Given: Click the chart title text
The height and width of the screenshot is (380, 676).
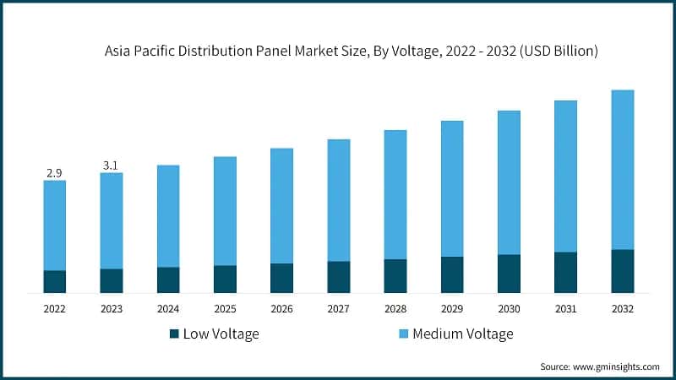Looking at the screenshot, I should pos(352,52).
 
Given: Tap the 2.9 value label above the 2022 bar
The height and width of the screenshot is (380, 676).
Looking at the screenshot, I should pos(54,172).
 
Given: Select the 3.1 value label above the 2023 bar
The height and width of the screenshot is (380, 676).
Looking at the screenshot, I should pos(111,166).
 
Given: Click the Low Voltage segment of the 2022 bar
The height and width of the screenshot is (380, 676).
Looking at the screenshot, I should pos(54,281).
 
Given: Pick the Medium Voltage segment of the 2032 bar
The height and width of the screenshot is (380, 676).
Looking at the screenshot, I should pos(623,169).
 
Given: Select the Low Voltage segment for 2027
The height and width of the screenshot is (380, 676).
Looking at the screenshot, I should pos(339,277).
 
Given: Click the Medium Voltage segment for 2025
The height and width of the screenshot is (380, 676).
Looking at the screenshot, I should pos(226,211).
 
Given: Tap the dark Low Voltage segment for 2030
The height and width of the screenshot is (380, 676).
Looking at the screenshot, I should pos(509,274).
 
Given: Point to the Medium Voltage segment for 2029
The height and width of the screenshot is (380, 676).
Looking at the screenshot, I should pos(452,188).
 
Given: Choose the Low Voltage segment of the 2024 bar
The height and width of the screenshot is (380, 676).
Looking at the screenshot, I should pos(168,280).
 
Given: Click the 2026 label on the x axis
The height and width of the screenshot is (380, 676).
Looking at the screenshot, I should pos(282,309).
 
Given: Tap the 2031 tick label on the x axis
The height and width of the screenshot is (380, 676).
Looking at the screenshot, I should pos(566,309).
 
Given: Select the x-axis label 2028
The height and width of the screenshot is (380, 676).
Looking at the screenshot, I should pos(395,309).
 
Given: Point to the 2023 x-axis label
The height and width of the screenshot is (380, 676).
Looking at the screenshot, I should pos(112,309).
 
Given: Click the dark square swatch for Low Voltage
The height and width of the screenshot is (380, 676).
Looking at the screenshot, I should pos(175,334).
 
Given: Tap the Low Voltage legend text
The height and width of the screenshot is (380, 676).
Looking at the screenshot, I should pos(222,334).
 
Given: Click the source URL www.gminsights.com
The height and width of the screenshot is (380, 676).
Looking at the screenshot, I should pos(616,366).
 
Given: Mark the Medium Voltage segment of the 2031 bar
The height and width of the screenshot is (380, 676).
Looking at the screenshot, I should pos(566,176).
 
